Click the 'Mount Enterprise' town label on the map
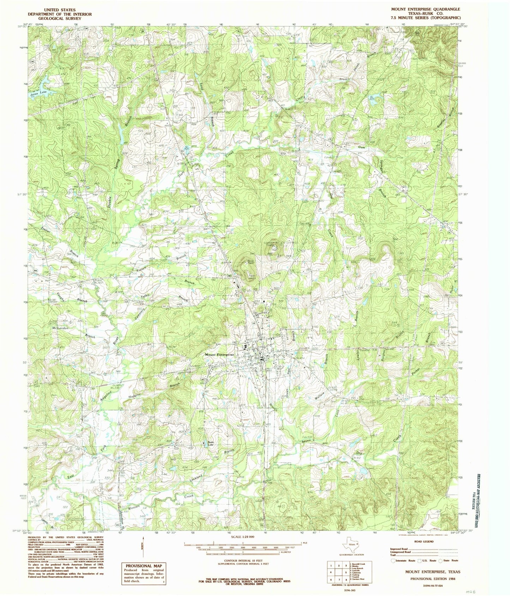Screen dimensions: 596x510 pyautogui.click(x=219, y=354)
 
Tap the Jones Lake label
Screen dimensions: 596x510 pyautogui.click(x=38, y=93)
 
